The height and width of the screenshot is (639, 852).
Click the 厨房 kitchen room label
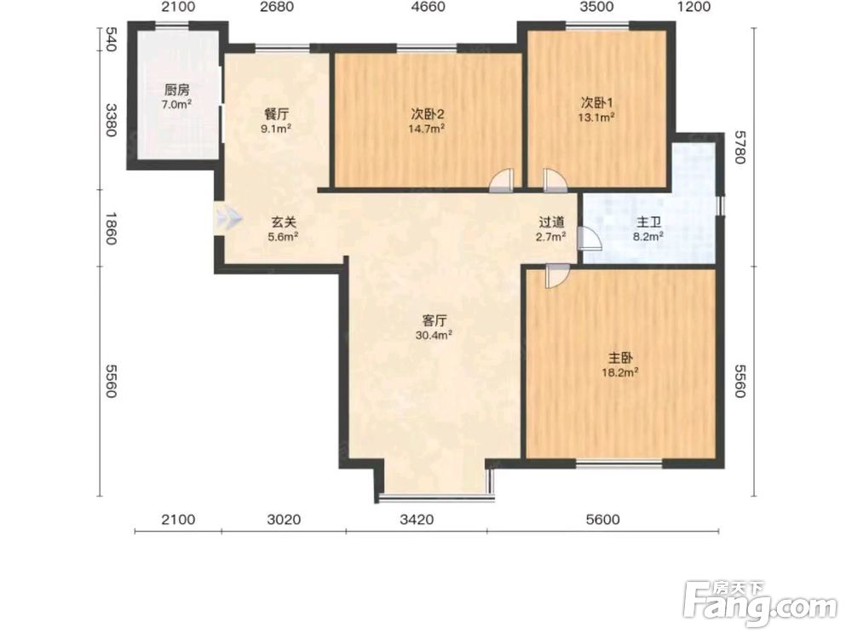[177, 90]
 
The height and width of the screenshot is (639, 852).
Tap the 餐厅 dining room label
[277, 115]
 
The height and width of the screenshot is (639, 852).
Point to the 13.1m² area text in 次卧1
[596, 117]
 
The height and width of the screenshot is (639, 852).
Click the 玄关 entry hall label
[284, 222]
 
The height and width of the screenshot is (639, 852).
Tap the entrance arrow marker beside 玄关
[227, 218]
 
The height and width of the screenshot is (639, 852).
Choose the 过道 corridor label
[551, 222]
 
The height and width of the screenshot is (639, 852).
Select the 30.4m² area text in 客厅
[435, 335]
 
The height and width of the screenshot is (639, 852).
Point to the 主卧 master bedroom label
[620, 358]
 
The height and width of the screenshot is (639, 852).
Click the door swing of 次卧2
[502, 181]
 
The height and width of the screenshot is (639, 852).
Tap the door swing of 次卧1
[555, 181]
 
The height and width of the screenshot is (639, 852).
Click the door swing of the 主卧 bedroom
[557, 276]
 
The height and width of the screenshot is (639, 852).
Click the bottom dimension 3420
[417, 520]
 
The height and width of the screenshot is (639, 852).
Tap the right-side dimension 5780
[739, 147]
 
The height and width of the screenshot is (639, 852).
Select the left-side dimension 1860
[111, 228]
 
